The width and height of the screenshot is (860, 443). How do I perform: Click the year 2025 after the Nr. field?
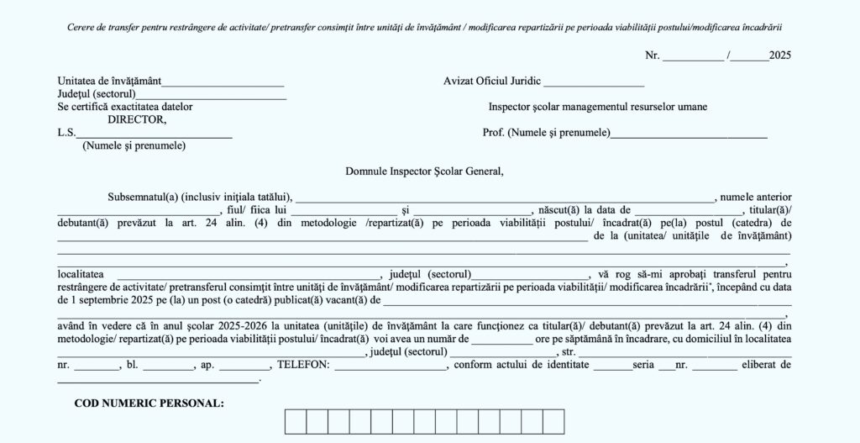[x=780, y=55]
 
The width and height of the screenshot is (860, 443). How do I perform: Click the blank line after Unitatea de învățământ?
[x=222, y=84]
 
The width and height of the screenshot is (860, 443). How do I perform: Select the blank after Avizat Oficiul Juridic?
[x=594, y=84]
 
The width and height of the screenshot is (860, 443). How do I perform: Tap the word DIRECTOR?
[x=137, y=119]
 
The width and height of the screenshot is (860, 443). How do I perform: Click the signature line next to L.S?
[x=155, y=134]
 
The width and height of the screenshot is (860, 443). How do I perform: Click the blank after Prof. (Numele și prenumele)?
[x=689, y=134]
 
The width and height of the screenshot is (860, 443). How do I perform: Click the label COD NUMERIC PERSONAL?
[x=149, y=403]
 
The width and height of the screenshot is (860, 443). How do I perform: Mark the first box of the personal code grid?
[x=295, y=421]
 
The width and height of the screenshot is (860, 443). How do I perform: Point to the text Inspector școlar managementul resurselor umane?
[x=597, y=107]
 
